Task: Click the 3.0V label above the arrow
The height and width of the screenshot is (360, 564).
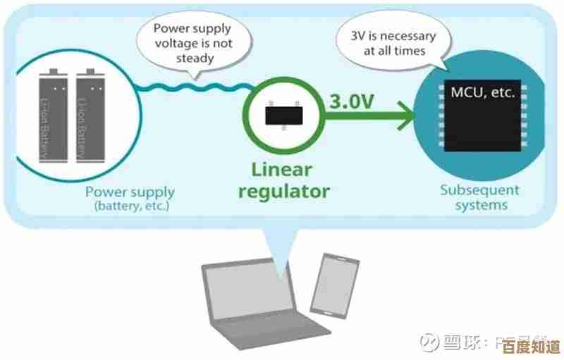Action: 351,101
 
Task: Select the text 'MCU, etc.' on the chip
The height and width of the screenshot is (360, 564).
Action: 483,92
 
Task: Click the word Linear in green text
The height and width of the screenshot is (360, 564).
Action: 280,170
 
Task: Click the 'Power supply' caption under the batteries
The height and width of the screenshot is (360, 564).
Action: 130,192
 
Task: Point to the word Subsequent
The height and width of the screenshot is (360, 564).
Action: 479,190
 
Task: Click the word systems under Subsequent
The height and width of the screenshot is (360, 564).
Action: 479,206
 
